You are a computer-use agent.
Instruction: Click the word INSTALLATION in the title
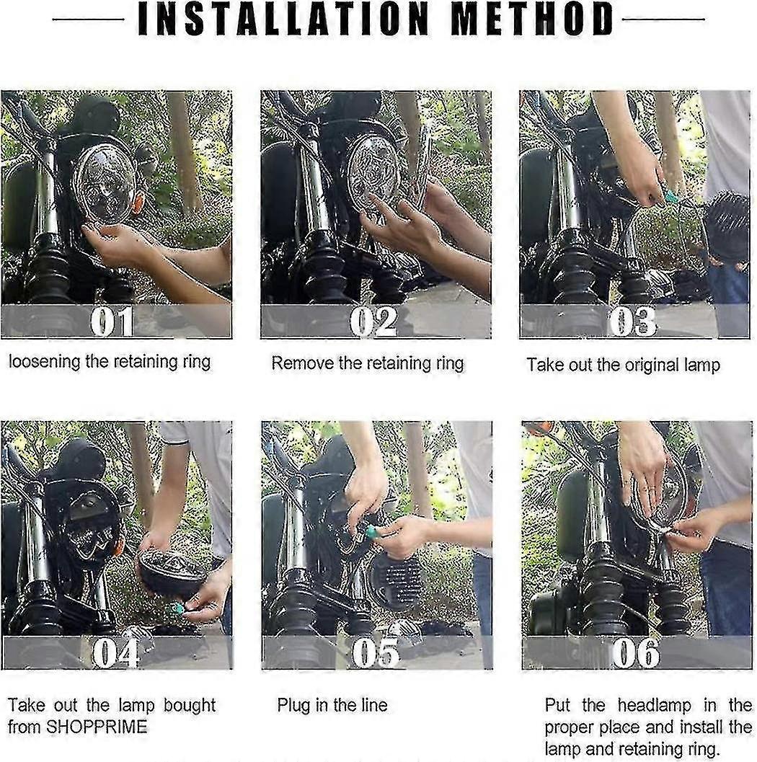click(x=283, y=19)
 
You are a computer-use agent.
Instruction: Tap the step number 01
click(x=112, y=322)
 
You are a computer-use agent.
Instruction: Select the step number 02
click(x=373, y=322)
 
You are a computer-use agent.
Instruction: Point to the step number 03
click(x=633, y=322)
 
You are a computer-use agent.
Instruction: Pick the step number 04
click(x=115, y=652)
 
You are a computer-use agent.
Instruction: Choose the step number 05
click(x=376, y=652)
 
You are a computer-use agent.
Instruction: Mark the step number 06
click(x=636, y=652)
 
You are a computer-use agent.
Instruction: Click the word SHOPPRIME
click(x=97, y=727)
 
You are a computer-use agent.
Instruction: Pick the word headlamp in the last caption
click(x=655, y=704)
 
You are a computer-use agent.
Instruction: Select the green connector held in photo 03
click(x=671, y=197)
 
